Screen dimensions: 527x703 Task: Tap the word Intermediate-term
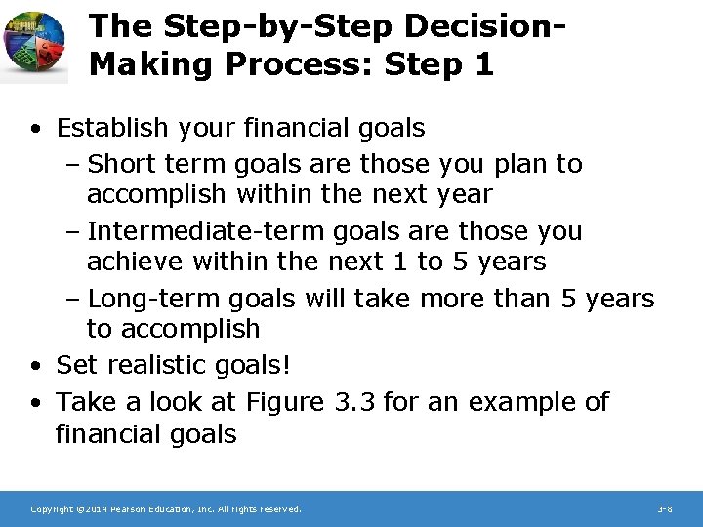(206, 232)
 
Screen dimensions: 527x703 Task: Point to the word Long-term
(150, 299)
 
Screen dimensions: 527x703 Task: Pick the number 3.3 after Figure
(355, 401)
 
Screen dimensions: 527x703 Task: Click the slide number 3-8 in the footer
(664, 509)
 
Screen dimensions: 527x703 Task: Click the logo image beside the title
(35, 45)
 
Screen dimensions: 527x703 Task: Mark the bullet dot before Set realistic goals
(35, 367)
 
